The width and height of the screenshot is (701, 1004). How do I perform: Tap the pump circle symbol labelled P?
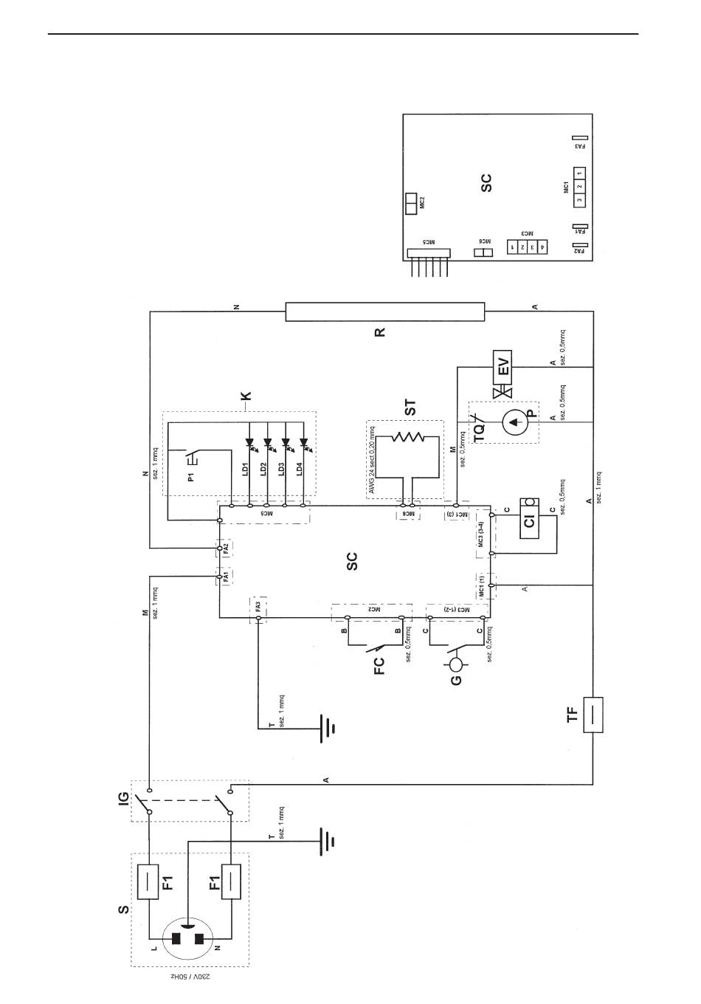click(x=514, y=423)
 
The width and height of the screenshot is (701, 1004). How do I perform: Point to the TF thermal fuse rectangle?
click(x=593, y=715)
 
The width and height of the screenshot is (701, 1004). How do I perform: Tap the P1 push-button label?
click(x=190, y=475)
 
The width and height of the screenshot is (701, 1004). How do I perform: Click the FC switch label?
click(x=379, y=666)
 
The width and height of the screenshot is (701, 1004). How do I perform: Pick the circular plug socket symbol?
click(x=190, y=938)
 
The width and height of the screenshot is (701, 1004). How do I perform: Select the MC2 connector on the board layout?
click(x=410, y=202)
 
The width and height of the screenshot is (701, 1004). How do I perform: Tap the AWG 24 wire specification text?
click(x=373, y=458)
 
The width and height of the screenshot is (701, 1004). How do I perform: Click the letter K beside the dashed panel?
click(x=246, y=395)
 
